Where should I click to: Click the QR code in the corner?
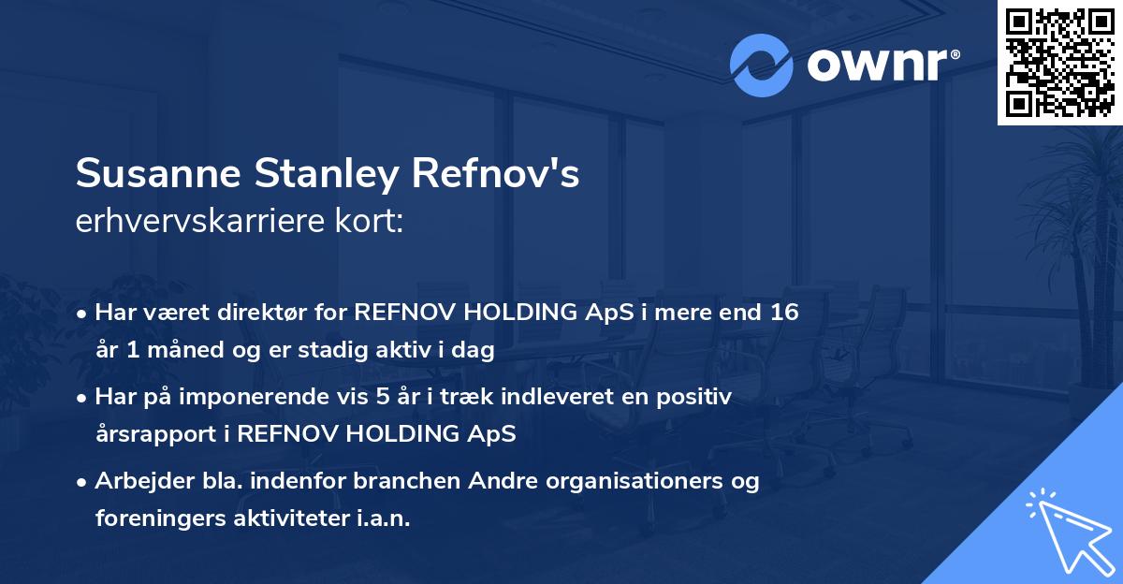pos(1059,62)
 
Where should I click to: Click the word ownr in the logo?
pos(876,66)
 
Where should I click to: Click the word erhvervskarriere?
pos(203,223)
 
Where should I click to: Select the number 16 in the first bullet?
pos(785,312)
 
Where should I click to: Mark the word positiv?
pos(697,397)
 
